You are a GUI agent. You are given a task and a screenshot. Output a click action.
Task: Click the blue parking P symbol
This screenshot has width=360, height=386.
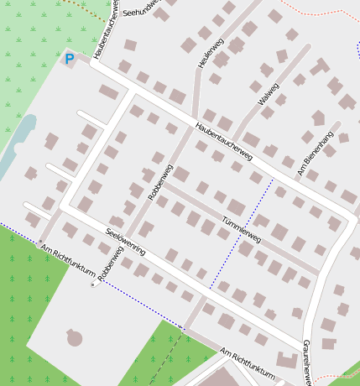coord(70,59)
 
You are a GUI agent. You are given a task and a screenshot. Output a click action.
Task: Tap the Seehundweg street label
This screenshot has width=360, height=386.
coord(141,8)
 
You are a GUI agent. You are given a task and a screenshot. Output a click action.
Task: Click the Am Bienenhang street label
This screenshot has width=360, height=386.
coord(315,154)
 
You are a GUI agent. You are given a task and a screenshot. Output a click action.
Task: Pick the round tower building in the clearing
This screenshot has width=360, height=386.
coord(76,339)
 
